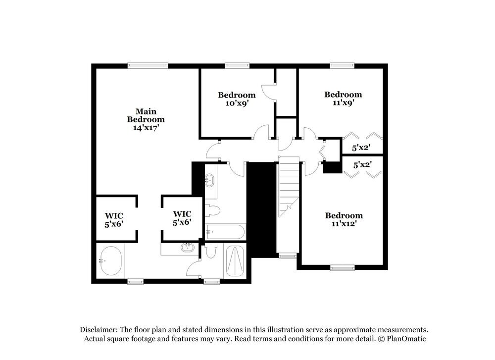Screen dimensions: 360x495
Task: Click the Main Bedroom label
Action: point(146,115)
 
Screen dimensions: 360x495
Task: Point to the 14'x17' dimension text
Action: point(146,127)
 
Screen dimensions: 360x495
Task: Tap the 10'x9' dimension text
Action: point(237,103)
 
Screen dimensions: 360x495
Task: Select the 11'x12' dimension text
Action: point(344,223)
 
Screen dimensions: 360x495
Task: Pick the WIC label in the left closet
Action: point(113,216)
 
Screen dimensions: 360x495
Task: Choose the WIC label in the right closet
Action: point(182,214)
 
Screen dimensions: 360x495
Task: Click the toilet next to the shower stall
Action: point(211,252)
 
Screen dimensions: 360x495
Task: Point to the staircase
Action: point(289,186)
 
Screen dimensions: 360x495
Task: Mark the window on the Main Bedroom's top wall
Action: point(148,65)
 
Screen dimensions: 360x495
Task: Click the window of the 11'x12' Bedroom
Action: point(343,268)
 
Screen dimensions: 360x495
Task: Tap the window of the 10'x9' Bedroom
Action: point(237,65)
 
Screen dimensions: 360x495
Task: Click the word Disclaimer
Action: point(99,330)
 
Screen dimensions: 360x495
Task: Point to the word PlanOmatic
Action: point(406,339)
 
